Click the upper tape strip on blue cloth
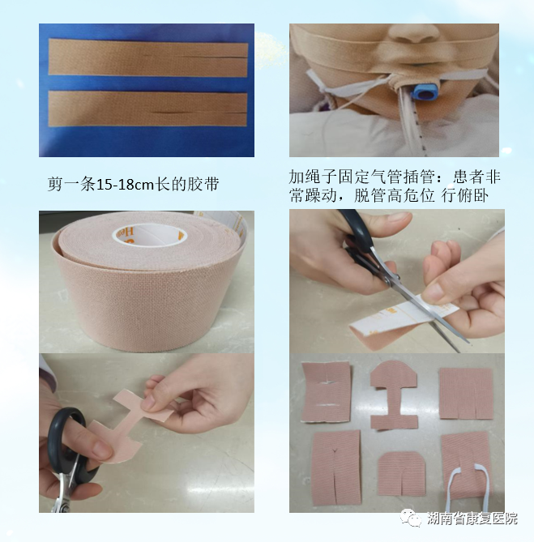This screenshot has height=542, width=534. click(x=147, y=58)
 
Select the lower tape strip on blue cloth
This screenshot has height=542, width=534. click(x=147, y=107)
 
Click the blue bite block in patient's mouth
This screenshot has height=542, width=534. click(x=423, y=90)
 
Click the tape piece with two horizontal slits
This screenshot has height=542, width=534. click(x=326, y=392)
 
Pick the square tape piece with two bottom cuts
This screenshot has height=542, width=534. click(x=464, y=393)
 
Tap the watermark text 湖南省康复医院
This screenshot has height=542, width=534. click(x=472, y=519)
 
